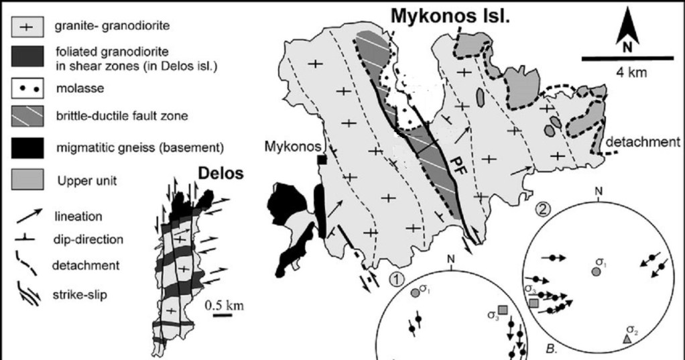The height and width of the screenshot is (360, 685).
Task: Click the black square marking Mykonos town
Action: pos(322,160)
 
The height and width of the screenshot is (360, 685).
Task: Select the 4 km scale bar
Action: pos(627,58)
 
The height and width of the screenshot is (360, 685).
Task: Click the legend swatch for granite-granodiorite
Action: pos(29,27)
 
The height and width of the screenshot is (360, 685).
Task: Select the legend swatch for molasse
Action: pos(29,87)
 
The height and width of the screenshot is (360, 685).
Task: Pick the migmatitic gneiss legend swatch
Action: pos(29,146)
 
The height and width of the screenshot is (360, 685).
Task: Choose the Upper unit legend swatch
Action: pos(29,178)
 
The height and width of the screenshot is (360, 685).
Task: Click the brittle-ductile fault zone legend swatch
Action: pos(29,117)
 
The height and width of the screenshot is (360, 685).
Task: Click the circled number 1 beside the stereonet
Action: pos(395,277)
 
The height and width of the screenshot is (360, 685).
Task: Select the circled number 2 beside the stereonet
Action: pos(544,208)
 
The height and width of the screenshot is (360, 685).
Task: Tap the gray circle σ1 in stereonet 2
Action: pos(596,271)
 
